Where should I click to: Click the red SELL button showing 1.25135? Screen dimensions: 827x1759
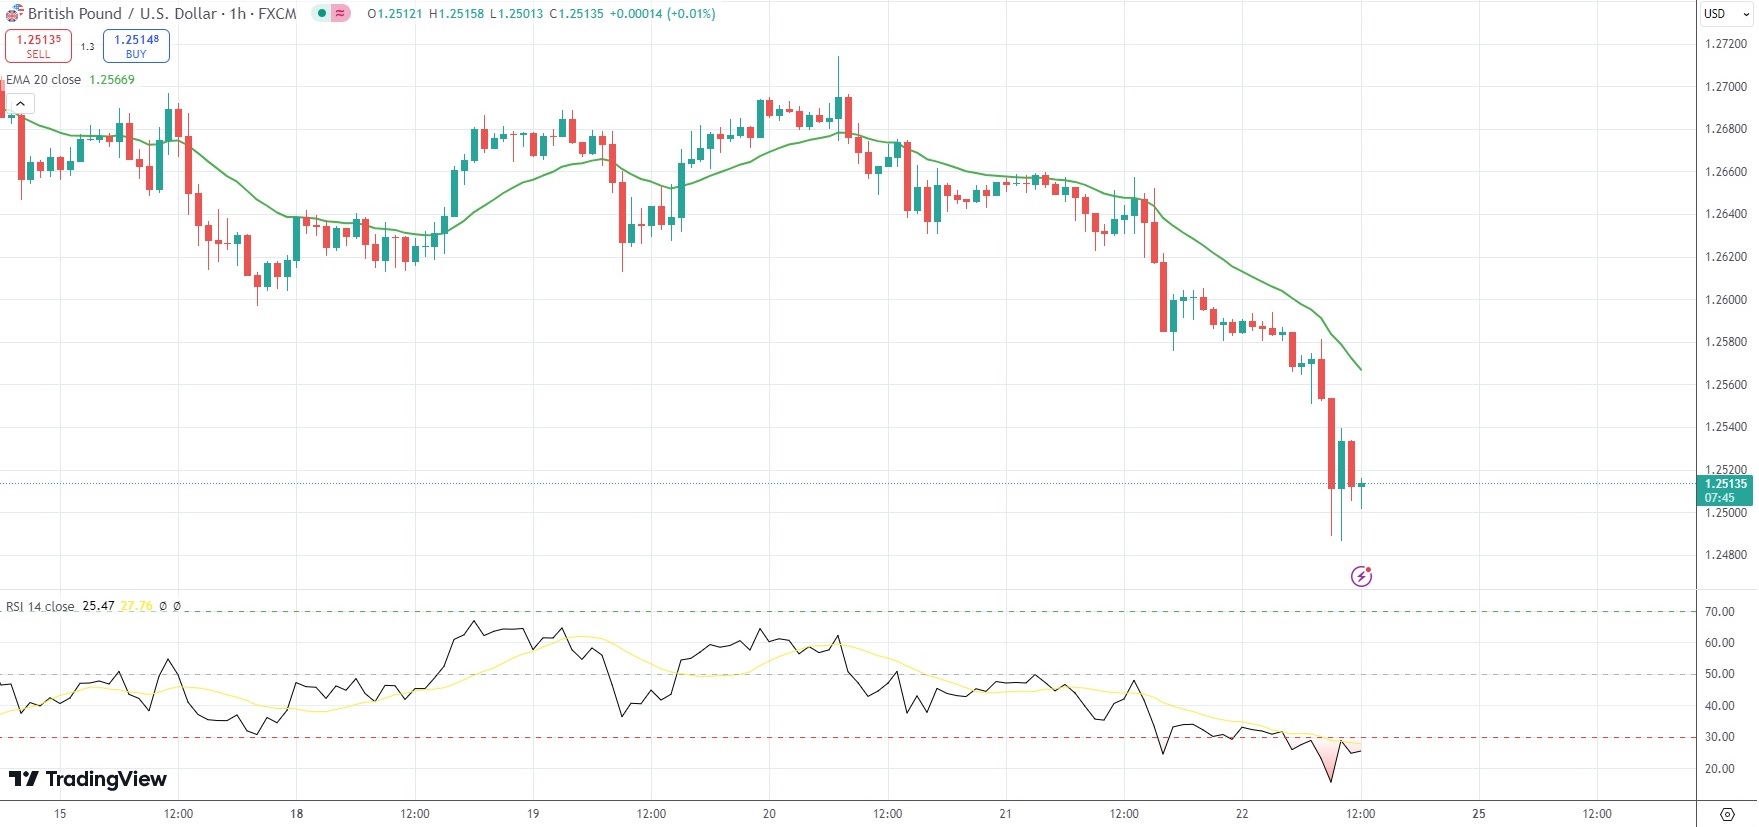[38, 46]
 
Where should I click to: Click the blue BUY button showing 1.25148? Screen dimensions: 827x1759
[136, 46]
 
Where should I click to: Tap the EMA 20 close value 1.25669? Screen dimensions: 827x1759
[112, 80]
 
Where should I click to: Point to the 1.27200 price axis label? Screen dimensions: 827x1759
[1726, 44]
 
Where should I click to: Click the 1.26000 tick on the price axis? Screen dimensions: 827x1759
[1726, 300]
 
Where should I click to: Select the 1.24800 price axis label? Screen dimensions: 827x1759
[1726, 555]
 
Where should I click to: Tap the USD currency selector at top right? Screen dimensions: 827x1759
[1720, 14]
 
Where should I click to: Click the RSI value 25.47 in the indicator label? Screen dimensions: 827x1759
[98, 606]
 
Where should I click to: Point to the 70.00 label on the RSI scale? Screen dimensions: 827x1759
[1720, 612]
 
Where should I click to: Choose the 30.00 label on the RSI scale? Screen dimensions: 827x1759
[1720, 737]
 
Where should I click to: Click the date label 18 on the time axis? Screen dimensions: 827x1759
[296, 814]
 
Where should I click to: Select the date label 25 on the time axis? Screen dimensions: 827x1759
[1478, 814]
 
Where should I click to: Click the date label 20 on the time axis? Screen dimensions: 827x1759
[769, 814]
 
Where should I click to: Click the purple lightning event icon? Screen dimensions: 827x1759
[1361, 576]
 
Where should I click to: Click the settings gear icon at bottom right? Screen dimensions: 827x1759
[1727, 814]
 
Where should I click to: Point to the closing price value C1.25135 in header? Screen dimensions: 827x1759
[576, 14]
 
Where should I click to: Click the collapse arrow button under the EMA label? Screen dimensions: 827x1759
[20, 104]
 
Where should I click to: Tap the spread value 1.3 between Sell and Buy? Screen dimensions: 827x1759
[87, 47]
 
